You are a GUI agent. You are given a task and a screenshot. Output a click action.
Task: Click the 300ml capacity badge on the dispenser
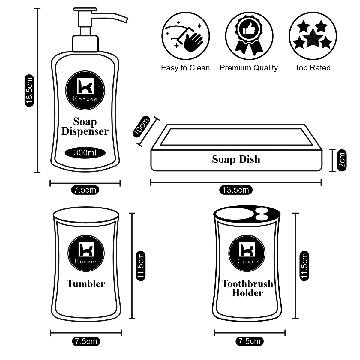85,153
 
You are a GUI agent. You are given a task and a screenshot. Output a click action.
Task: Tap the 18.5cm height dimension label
29,91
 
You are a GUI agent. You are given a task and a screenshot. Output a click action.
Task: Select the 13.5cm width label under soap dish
236,190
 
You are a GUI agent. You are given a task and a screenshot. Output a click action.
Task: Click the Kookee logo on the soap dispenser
85,90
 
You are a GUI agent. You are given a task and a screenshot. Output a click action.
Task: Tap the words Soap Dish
236,159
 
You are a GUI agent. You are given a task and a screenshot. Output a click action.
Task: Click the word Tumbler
86,284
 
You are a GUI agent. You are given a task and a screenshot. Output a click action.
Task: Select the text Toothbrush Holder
247,288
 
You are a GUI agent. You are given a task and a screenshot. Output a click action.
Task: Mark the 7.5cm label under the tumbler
86,341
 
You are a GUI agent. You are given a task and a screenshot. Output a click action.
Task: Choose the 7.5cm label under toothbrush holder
250,341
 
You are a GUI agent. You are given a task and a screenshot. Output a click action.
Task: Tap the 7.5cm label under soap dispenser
85,190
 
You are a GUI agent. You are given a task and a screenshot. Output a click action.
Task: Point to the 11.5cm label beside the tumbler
141,265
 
